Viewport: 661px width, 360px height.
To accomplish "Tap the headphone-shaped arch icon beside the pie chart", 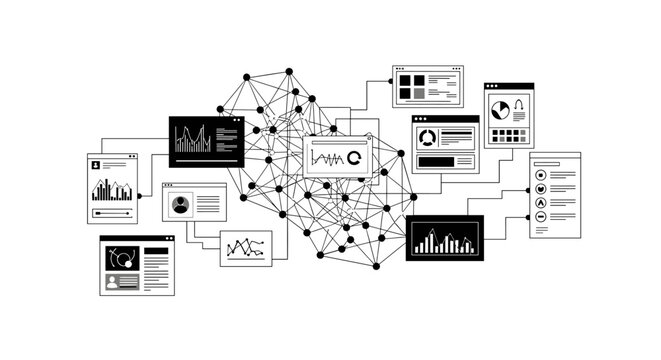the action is tap(520, 104).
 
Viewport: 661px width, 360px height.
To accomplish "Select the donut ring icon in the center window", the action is tap(354, 158).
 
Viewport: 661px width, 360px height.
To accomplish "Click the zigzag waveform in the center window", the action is tap(327, 158).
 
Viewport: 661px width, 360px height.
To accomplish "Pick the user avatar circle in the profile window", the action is tap(180, 205).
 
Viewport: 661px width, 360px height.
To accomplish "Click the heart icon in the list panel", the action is tap(540, 188).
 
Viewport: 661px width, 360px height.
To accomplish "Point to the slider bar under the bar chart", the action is tap(112, 212).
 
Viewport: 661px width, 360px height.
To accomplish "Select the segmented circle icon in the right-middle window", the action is tap(427, 138).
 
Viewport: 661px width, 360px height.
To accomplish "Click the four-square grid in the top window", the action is tap(411, 87).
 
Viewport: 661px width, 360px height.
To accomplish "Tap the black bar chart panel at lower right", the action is tap(444, 238).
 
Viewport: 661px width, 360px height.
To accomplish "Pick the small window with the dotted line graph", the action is tap(245, 247).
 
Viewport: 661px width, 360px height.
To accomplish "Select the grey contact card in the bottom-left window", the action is tap(122, 281).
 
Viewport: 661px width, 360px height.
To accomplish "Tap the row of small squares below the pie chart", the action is tap(510, 133).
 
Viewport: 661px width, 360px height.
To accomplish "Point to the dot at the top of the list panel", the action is tap(540, 163).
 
